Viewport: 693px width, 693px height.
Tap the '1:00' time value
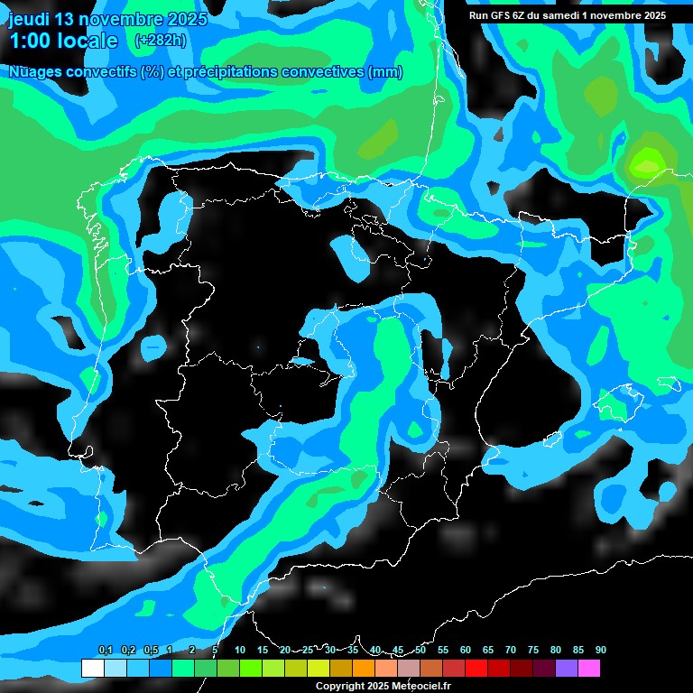click(30, 41)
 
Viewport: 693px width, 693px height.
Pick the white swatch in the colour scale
click(92, 669)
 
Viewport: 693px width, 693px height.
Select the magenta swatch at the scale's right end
click(589, 669)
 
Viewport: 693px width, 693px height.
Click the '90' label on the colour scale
click(600, 651)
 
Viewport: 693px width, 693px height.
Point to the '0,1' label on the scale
click(106, 651)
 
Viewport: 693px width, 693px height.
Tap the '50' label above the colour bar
click(420, 651)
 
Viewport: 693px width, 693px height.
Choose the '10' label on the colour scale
click(240, 651)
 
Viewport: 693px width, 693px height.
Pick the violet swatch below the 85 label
click(567, 669)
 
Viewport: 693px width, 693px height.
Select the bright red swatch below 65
click(476, 669)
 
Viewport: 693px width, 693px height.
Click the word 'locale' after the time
click(88, 41)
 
